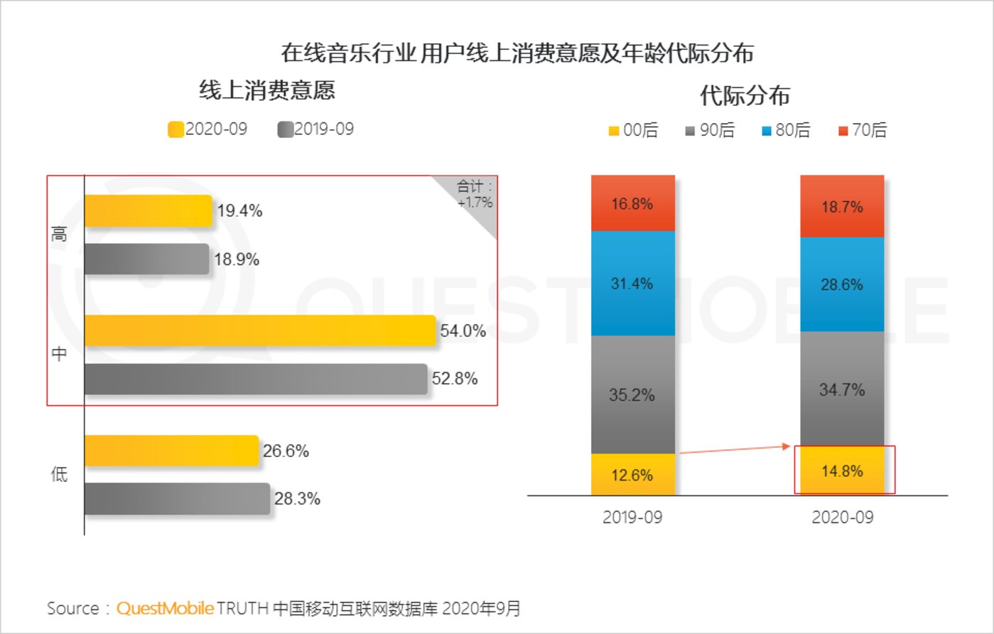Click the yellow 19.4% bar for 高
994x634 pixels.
148,211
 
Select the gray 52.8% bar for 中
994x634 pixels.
256,379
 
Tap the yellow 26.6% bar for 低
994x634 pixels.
171,451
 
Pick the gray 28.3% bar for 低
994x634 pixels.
177,499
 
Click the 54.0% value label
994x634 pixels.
463,331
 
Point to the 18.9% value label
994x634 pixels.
237,259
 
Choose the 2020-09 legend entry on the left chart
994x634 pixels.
207,129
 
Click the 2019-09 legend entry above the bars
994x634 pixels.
315,129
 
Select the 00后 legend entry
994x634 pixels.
634,130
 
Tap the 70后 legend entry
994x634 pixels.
863,130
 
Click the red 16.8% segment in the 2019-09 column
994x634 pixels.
632,203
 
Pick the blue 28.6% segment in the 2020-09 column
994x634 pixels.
842,284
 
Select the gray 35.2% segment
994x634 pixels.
632,394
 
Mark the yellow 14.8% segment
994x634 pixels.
842,471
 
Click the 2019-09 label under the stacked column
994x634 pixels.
632,517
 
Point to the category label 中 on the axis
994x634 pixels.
60,353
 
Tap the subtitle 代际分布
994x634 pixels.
745,95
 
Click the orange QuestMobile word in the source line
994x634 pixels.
165,608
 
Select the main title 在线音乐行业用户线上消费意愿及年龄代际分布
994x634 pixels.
517,53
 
